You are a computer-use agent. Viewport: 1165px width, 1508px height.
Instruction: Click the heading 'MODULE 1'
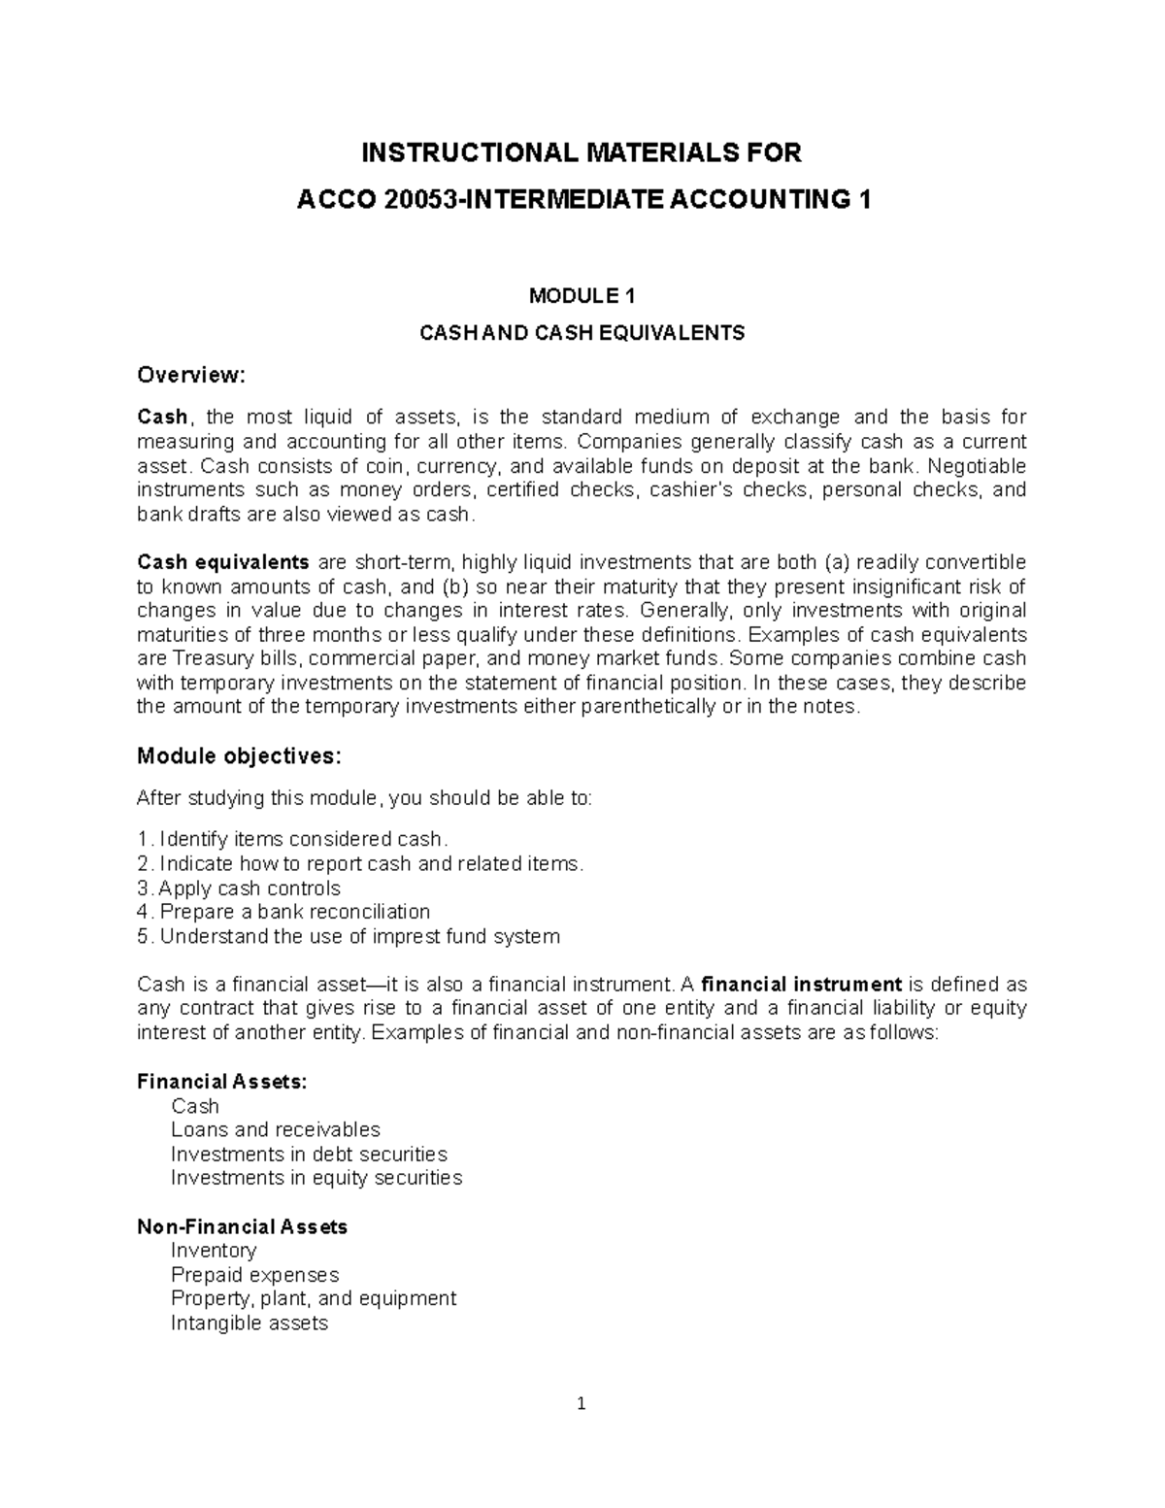tap(582, 296)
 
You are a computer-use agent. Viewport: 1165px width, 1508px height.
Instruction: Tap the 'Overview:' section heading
tap(192, 375)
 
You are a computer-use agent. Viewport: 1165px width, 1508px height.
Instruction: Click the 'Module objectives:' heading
tap(239, 755)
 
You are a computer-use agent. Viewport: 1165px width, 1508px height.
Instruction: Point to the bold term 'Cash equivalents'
tap(223, 562)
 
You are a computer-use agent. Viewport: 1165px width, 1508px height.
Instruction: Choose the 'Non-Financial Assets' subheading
tap(243, 1226)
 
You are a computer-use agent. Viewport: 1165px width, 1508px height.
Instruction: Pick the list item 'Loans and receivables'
tap(276, 1129)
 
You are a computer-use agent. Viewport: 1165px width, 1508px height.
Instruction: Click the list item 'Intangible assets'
tap(250, 1323)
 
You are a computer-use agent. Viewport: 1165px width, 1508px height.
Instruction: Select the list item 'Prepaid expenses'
tap(254, 1274)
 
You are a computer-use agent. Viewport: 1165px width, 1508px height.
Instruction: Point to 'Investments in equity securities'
tap(316, 1178)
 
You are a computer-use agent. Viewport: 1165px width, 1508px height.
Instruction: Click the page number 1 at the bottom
tap(582, 1404)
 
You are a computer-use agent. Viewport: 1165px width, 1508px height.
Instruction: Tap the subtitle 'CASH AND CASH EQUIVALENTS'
tap(582, 333)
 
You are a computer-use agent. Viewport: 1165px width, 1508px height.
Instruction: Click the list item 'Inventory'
tap(214, 1250)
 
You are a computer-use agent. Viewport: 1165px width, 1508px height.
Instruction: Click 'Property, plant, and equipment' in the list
tap(314, 1298)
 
